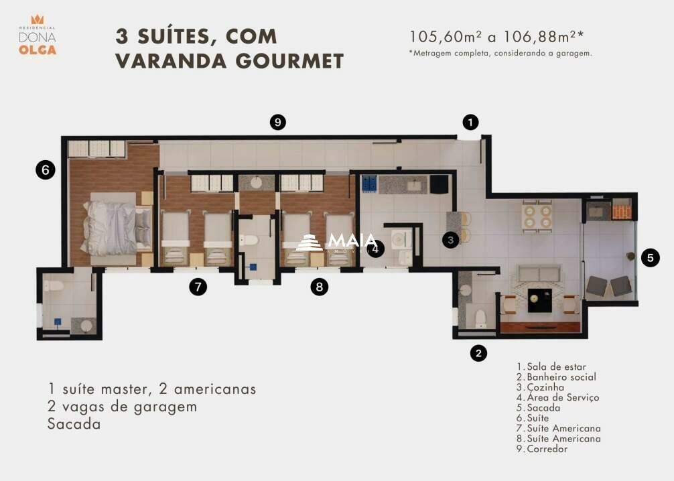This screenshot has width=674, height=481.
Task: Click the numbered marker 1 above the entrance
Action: point(471,122)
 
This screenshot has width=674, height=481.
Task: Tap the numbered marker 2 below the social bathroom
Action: point(478,353)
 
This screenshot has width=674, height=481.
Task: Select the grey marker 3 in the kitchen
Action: point(451,238)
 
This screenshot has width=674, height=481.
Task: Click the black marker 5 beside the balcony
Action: point(650,257)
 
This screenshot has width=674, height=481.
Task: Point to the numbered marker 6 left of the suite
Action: point(45,170)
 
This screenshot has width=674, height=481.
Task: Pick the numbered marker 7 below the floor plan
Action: point(197,287)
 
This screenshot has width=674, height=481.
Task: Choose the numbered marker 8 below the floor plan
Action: point(320,287)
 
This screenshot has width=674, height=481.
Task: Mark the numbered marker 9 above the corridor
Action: point(278,122)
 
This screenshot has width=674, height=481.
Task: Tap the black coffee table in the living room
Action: point(539,299)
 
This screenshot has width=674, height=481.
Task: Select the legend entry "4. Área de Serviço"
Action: point(557,397)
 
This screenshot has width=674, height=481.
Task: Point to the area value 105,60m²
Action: point(446,37)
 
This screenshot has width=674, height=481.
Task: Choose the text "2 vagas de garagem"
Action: point(122,406)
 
